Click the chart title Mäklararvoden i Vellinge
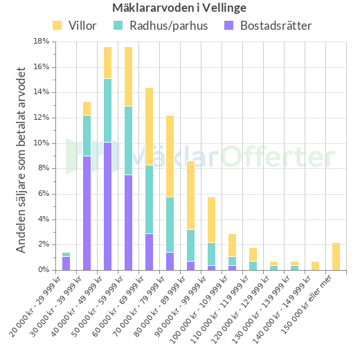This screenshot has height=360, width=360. click(x=179, y=8)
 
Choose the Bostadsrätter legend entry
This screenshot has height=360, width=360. click(x=267, y=26)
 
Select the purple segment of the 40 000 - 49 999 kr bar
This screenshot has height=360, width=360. click(x=108, y=206)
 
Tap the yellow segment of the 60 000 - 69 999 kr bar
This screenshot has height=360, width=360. click(x=150, y=126)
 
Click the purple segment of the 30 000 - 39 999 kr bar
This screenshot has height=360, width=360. click(x=87, y=213)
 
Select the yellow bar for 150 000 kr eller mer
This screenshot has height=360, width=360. click(x=336, y=256)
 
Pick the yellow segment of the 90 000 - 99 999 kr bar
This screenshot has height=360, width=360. click(x=211, y=219)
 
